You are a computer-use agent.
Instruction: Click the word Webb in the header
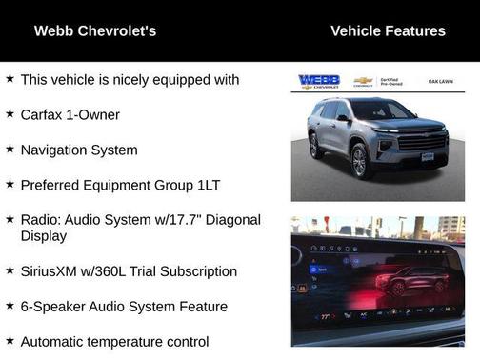pyautogui.click(x=54, y=31)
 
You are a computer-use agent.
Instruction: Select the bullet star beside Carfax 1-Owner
pyautogui.click(x=10, y=113)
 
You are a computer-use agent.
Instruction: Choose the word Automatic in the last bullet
pyautogui.click(x=54, y=340)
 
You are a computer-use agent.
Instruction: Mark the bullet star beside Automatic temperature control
pyautogui.click(x=10, y=339)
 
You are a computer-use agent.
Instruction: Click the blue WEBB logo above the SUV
pyautogui.click(x=319, y=82)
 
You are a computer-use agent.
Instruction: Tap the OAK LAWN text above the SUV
pyautogui.click(x=440, y=82)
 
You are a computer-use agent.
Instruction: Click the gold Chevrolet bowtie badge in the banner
pyautogui.click(x=363, y=81)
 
